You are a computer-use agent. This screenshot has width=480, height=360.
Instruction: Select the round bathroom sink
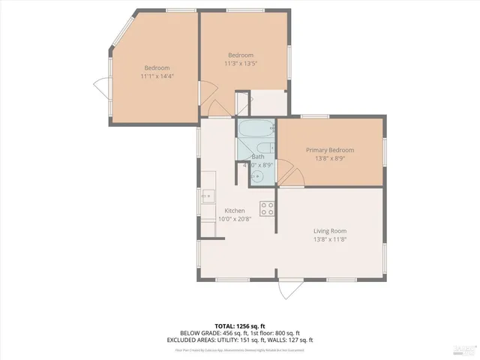(x=257, y=175)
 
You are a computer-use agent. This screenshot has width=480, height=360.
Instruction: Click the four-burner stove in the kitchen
(x=267, y=208)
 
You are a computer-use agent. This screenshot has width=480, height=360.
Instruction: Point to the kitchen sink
(x=208, y=198)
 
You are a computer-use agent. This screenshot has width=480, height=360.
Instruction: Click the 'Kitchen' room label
(x=235, y=211)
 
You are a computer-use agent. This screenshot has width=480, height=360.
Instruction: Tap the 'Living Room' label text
(x=330, y=231)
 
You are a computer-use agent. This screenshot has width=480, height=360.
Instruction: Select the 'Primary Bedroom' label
(x=330, y=150)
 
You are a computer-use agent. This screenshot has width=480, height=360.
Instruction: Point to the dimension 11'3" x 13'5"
(x=241, y=64)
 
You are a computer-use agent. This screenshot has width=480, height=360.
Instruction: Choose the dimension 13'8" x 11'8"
(x=330, y=240)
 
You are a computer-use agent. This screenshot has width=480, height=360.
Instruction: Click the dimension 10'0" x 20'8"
(x=235, y=220)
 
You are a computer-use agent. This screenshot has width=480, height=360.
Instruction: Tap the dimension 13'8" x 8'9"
(x=330, y=159)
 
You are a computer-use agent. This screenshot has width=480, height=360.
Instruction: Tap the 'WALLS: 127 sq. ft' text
(x=277, y=340)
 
